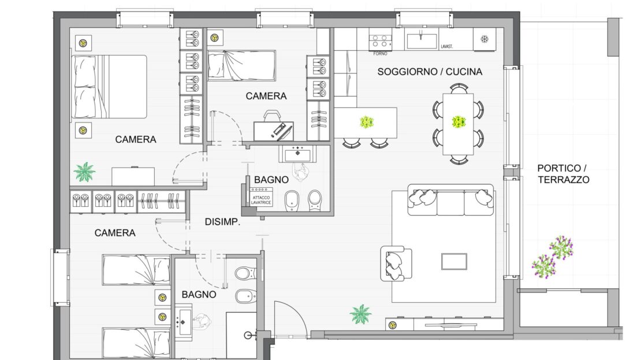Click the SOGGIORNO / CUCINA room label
(430, 72)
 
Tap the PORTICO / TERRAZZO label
(563, 174)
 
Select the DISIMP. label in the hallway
(222, 222)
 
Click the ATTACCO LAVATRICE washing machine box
(261, 197)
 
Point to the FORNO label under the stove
(380, 54)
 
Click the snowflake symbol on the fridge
(485, 39)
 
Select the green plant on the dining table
(459, 121)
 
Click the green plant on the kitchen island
(367, 122)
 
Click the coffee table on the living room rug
(454, 262)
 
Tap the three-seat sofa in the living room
(450, 200)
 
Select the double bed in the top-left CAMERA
(109, 87)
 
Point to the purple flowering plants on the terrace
(552, 256)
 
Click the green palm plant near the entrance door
(360, 314)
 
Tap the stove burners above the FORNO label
(380, 42)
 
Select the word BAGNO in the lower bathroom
(199, 295)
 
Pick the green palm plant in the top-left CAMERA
(84, 172)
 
